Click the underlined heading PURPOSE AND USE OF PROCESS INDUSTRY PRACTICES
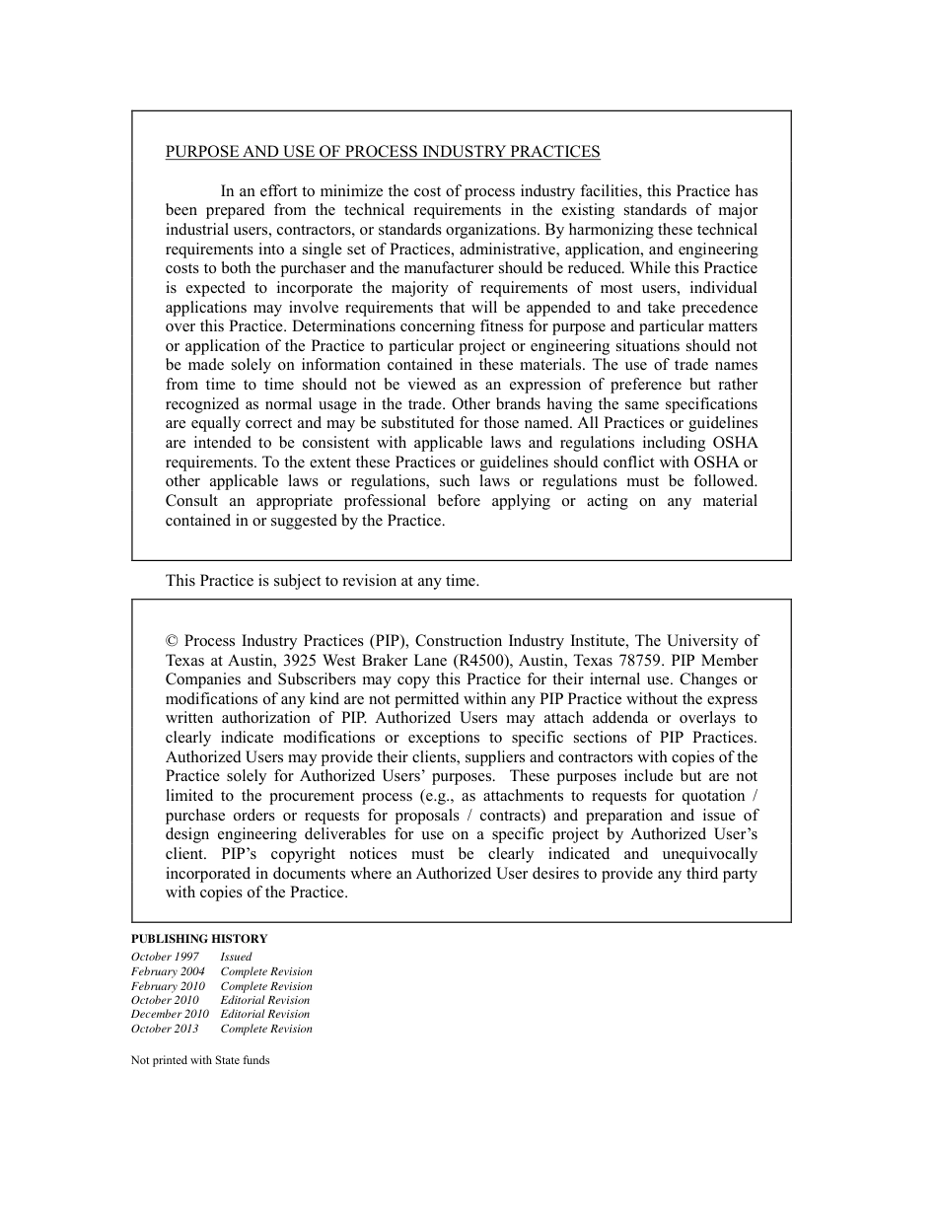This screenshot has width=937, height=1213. point(383,152)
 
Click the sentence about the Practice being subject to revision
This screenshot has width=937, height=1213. point(323,581)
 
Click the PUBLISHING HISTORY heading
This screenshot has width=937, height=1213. point(199,939)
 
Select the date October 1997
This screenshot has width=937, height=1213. point(165,957)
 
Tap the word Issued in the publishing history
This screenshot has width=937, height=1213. point(236,957)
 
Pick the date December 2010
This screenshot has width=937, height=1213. point(170,1014)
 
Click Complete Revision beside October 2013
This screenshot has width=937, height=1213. point(266,1029)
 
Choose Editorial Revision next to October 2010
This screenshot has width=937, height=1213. point(265,1000)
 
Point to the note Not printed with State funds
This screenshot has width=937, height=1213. point(200,1061)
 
